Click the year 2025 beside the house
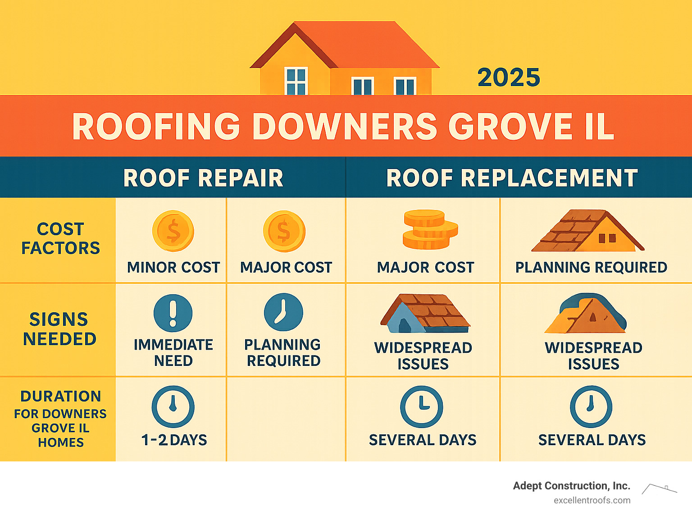pos(509,78)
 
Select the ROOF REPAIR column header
pos(203,178)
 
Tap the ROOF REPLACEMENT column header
pos(512,178)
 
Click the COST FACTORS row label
pos(60,238)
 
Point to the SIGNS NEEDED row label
pos(59,329)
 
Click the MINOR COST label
pos(173,267)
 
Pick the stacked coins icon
pos(429,229)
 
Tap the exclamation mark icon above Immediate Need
pos(173,313)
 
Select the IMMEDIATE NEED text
pos(173,352)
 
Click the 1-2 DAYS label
pos(174,440)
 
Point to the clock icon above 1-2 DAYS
pos(173,406)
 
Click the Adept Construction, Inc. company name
pos(571,486)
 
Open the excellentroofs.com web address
pos(592,500)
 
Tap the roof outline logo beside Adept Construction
pos(659,488)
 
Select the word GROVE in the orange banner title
pos(509,126)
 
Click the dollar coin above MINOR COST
pos(173,231)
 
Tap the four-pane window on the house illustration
pos(296,81)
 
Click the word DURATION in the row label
pos(61,396)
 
